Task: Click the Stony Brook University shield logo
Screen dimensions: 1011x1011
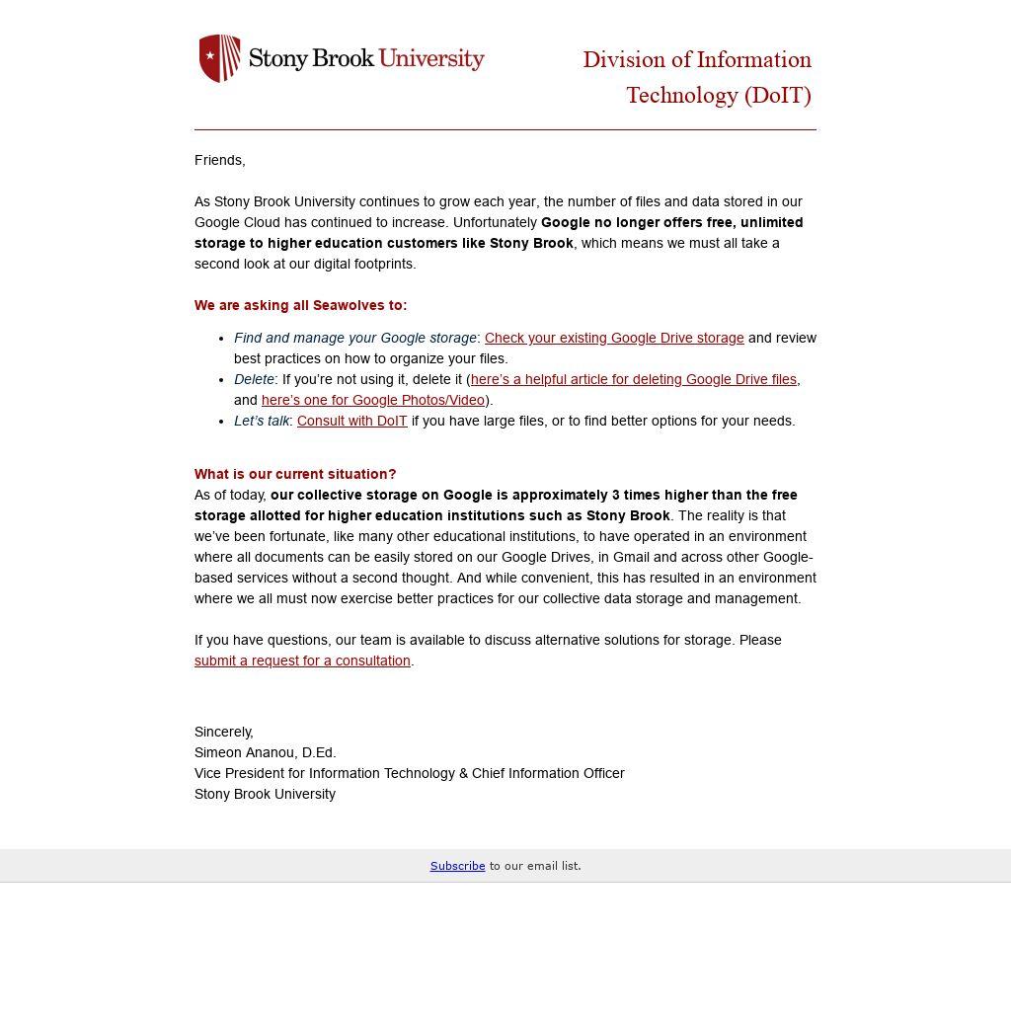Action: coord(219,58)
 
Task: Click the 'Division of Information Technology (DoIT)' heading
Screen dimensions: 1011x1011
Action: coord(697,77)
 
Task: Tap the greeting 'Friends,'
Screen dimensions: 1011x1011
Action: coord(219,160)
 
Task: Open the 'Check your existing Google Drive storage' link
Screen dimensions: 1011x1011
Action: coord(613,338)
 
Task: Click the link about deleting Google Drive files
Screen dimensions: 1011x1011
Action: coord(633,379)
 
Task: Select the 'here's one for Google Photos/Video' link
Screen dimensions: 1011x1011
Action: coord(372,400)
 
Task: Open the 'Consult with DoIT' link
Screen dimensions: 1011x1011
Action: coord(351,421)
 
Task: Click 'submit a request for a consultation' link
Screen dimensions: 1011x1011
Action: coord(302,661)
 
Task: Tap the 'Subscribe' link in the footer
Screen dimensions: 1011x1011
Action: coord(457,866)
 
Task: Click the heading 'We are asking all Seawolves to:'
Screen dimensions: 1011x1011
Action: coord(300,305)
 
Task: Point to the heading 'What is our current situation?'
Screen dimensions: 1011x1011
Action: coord(295,474)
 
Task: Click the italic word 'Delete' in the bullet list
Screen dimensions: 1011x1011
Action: coord(254,379)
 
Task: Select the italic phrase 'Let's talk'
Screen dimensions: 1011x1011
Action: coord(262,421)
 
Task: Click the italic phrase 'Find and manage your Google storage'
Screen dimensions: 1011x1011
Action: coord(355,338)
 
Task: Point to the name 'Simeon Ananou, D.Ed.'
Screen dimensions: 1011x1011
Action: coord(265,752)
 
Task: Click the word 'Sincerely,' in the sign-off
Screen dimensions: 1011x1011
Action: coord(224,732)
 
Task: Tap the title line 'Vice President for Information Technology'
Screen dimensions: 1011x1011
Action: coord(409,773)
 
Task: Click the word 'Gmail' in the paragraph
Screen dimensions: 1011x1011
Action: coord(631,557)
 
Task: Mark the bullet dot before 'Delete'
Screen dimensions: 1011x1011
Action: coord(223,379)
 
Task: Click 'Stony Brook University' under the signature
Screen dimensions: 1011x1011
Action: coord(265,794)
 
